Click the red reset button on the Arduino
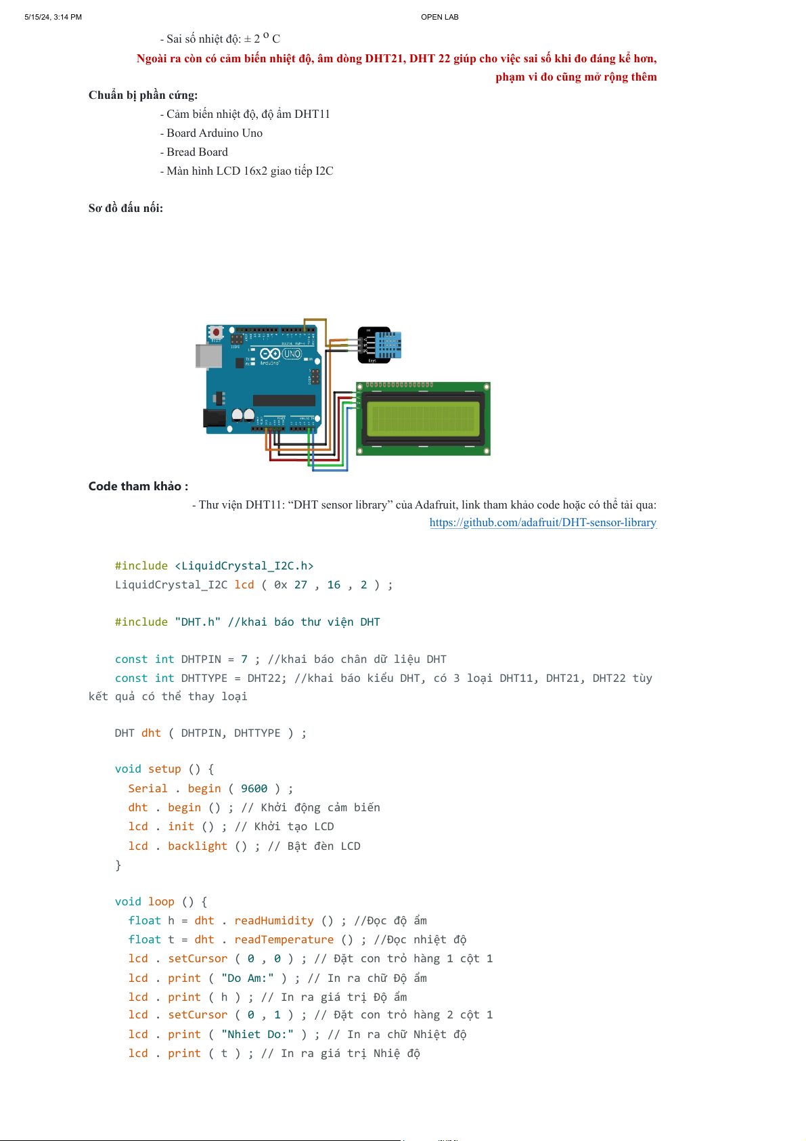click(216, 332)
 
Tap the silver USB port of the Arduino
click(208, 356)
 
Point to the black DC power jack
click(215, 419)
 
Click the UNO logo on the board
click(292, 353)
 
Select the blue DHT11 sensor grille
click(388, 344)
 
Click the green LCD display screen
click(423, 419)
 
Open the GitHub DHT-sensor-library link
click(543, 522)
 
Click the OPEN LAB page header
click(439, 17)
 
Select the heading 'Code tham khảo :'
click(138, 486)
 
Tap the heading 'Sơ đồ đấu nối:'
click(125, 208)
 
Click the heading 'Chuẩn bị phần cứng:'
click(143, 95)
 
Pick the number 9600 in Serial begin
click(254, 788)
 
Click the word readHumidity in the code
click(274, 920)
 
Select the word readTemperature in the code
click(284, 939)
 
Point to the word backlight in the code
click(198, 846)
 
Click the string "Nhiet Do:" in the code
click(257, 1034)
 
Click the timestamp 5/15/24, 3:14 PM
click(53, 17)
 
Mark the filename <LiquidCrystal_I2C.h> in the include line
click(244, 565)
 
